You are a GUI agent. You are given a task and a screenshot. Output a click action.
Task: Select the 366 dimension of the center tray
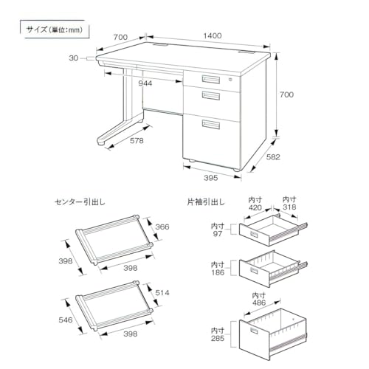point(162,227)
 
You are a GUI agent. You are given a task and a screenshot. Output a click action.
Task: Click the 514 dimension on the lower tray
point(162,293)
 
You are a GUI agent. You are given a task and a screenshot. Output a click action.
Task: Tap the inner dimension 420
point(255,207)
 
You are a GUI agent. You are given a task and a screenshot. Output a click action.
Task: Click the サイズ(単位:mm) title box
point(50,30)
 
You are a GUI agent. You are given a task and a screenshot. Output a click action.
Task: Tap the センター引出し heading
point(78,201)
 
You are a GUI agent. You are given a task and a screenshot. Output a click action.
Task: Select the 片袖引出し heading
point(207,201)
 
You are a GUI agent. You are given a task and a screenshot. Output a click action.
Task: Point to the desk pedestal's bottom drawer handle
point(210,124)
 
